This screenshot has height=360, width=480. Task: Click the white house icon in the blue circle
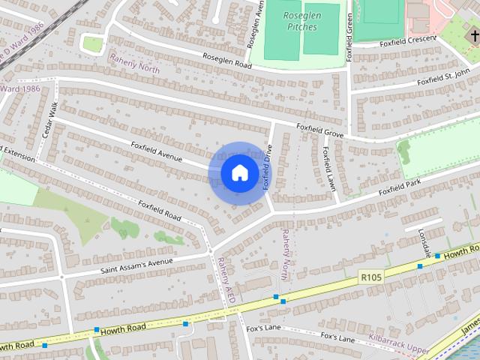tap(239, 173)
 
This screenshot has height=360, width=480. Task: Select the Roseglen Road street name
tap(223, 58)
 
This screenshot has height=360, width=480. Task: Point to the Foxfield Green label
tap(349, 38)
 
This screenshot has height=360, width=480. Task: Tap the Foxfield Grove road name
tap(319, 130)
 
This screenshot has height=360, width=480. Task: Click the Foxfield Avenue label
tap(157, 150)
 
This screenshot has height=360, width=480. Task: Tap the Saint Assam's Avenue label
tap(136, 265)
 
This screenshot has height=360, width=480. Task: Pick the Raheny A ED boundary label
tap(226, 280)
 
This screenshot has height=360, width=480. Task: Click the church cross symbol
tap(472, 35)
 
